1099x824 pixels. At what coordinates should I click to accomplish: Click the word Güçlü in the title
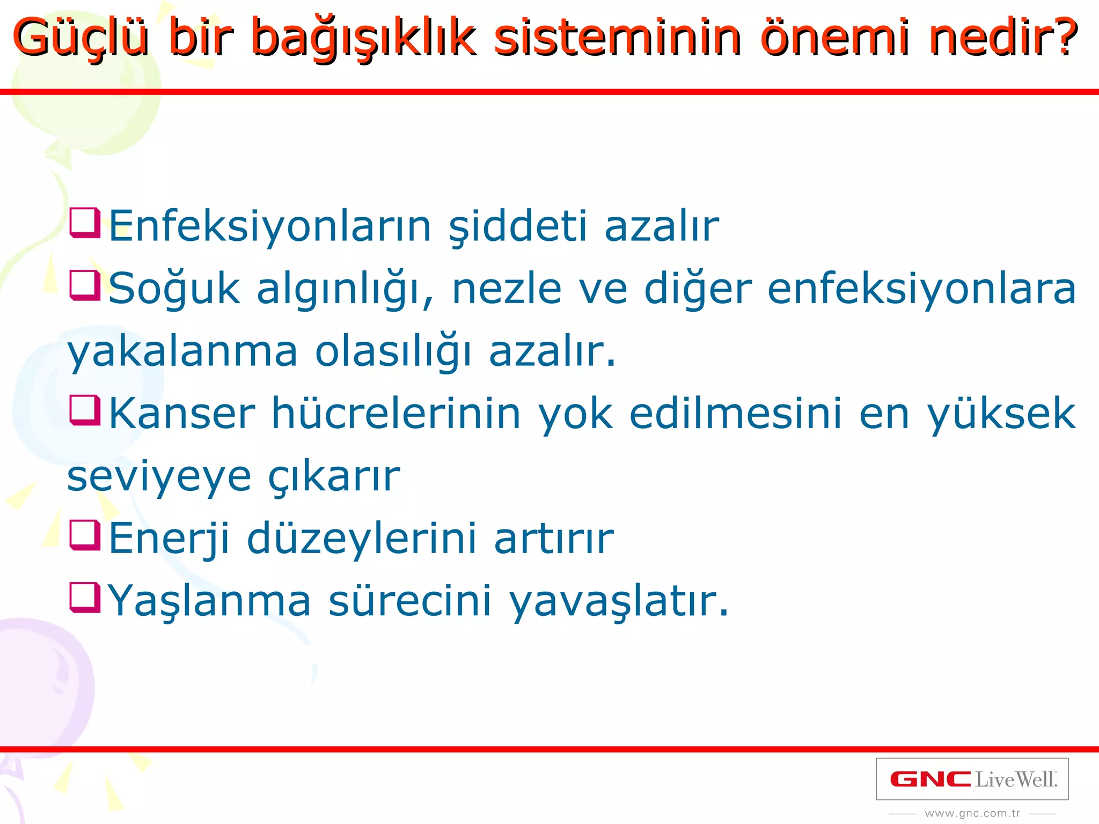pyautogui.click(x=80, y=38)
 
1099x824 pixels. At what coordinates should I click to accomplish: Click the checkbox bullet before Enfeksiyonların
pyautogui.click(x=85, y=223)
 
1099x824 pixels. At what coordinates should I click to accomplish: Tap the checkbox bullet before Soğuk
pyautogui.click(x=85, y=285)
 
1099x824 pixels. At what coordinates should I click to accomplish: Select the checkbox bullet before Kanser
pyautogui.click(x=85, y=410)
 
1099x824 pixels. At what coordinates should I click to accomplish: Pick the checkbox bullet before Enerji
pyautogui.click(x=85, y=535)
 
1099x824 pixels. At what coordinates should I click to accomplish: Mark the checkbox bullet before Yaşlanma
pyautogui.click(x=85, y=598)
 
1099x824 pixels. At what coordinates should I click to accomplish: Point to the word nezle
pyautogui.click(x=507, y=289)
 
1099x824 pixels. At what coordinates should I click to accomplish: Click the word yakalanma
pyautogui.click(x=182, y=352)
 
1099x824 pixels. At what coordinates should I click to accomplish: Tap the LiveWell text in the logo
pyautogui.click(x=1015, y=779)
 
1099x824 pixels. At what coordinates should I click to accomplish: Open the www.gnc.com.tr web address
pyautogui.click(x=972, y=813)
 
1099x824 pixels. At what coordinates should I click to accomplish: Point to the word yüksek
pyautogui.click(x=1001, y=414)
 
